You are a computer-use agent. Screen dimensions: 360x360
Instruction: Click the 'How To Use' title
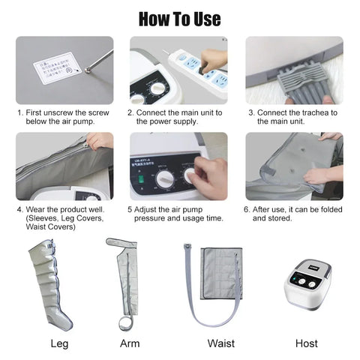click(180, 18)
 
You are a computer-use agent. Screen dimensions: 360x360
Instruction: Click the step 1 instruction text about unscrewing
click(64, 117)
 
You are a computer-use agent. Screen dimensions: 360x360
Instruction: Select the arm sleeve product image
click(127, 281)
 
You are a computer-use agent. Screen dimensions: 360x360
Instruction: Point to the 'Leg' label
click(59, 344)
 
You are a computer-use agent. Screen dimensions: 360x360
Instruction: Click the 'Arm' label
click(130, 344)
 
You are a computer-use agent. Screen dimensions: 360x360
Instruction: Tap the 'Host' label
click(307, 344)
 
